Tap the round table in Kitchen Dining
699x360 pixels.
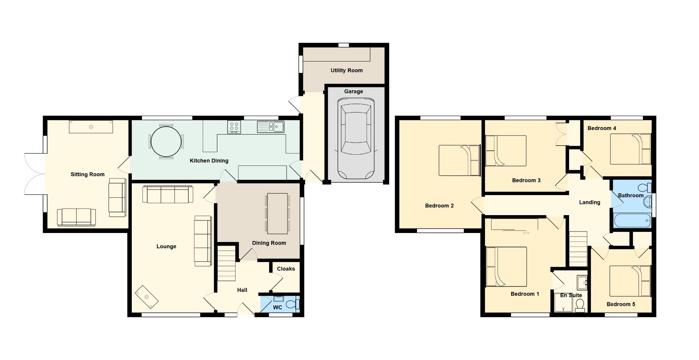166,141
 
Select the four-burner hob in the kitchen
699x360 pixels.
234,127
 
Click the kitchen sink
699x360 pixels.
270,127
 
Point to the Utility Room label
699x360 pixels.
347,70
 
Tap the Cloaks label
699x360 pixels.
286,269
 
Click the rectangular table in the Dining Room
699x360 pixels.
277,213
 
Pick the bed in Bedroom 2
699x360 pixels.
459,160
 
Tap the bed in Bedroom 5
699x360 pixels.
630,281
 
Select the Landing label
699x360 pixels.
589,202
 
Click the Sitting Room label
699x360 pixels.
87,174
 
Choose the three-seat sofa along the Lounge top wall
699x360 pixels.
168,194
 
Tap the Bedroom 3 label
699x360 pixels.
526,180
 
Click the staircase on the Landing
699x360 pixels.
578,249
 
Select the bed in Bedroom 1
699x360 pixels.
506,267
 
